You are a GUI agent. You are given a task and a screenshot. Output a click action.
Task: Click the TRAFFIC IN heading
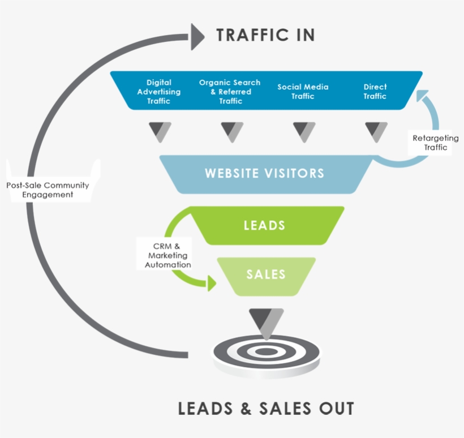tap(265, 35)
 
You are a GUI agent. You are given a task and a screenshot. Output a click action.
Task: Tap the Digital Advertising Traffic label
tap(159, 92)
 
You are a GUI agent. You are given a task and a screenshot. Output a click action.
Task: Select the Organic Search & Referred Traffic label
tap(230, 92)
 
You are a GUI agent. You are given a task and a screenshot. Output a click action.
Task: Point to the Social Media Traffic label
tap(303, 92)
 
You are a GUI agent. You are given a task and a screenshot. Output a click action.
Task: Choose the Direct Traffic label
tap(375, 92)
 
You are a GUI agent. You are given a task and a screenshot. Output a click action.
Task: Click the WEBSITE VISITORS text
tap(265, 173)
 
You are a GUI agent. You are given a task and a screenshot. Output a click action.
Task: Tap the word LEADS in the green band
tap(264, 225)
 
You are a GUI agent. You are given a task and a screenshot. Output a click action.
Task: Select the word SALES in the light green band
tap(266, 274)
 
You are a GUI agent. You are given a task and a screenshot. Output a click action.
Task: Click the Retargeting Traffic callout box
tap(436, 143)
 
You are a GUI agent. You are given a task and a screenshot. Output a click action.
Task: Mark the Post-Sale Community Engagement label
tap(48, 190)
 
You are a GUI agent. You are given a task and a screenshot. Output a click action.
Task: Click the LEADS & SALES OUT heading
tap(266, 408)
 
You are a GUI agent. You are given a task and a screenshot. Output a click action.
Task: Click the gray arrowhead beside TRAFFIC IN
tap(196, 36)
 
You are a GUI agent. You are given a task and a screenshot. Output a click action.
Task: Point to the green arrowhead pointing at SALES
tap(212, 283)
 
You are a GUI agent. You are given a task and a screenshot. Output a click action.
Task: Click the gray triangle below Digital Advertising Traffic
tap(160, 131)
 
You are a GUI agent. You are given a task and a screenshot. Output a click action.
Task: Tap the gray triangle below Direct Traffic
tap(376, 131)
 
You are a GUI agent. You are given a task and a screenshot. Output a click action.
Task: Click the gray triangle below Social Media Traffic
tap(304, 131)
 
